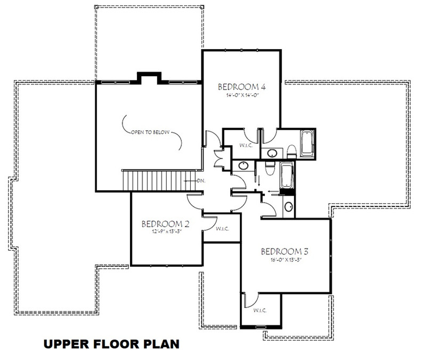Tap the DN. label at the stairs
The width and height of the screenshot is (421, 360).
[x=201, y=181]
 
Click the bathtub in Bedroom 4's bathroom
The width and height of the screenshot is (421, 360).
[x=308, y=143]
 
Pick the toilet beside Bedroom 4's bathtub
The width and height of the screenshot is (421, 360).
[x=291, y=151]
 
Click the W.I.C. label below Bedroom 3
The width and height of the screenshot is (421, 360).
[x=260, y=310]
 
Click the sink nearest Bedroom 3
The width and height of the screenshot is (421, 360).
[x=289, y=206]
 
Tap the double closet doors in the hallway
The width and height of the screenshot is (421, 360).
[x=218, y=158]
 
